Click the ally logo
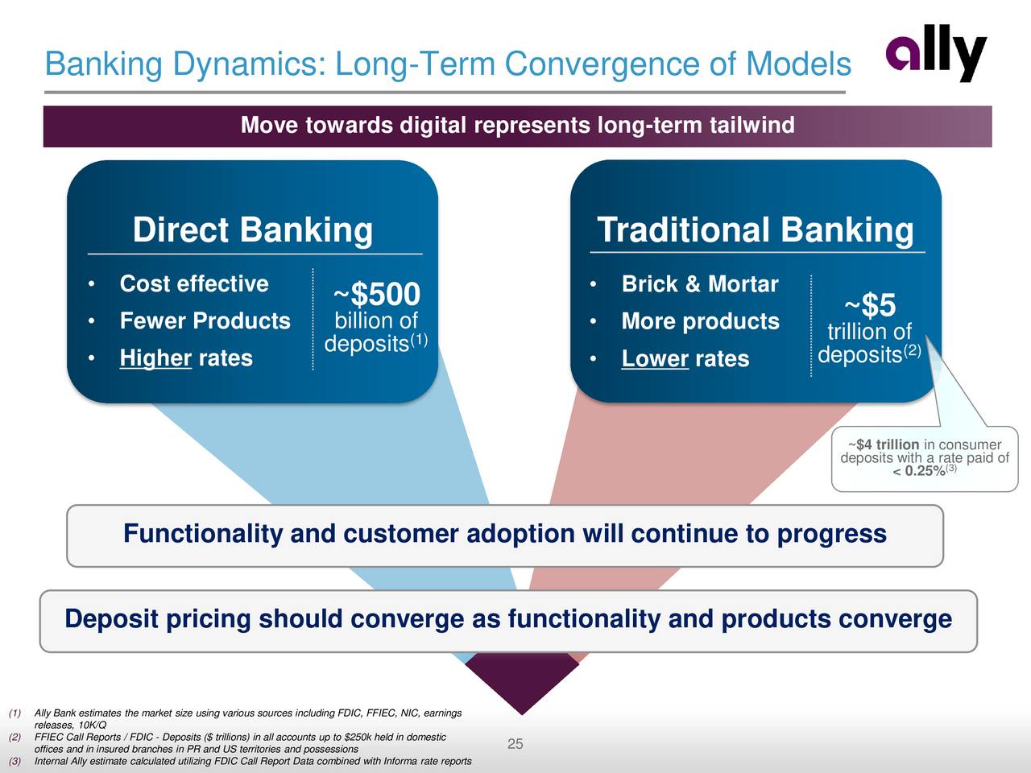point(936,53)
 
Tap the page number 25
point(515,743)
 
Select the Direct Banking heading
point(253,229)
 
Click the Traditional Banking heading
point(756,229)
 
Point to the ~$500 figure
point(377,294)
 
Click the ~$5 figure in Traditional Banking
point(870,304)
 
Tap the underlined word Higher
point(155,358)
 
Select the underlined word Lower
point(655,358)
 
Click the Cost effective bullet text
point(194,283)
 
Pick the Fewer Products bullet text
point(205,320)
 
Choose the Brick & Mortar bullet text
point(700,283)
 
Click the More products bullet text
point(700,321)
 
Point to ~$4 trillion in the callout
point(884,444)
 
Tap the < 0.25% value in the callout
point(919,471)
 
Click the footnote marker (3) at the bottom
point(14,761)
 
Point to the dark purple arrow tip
point(522,714)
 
